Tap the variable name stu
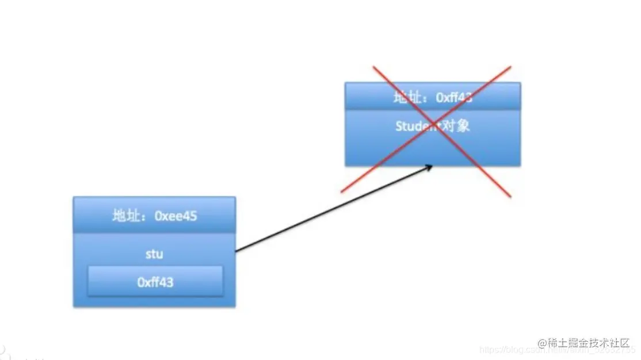click(154, 254)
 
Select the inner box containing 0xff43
click(155, 281)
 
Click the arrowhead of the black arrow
click(429, 167)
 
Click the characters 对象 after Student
click(455, 126)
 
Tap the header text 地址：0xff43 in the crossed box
click(433, 97)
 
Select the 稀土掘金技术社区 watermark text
click(590, 342)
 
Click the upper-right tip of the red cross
click(510, 66)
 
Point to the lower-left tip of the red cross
click(342, 192)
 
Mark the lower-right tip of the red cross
click(510, 197)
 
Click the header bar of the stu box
click(154, 215)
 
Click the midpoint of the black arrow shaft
click(334, 209)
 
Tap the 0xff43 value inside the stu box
click(155, 282)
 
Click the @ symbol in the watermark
click(541, 343)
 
